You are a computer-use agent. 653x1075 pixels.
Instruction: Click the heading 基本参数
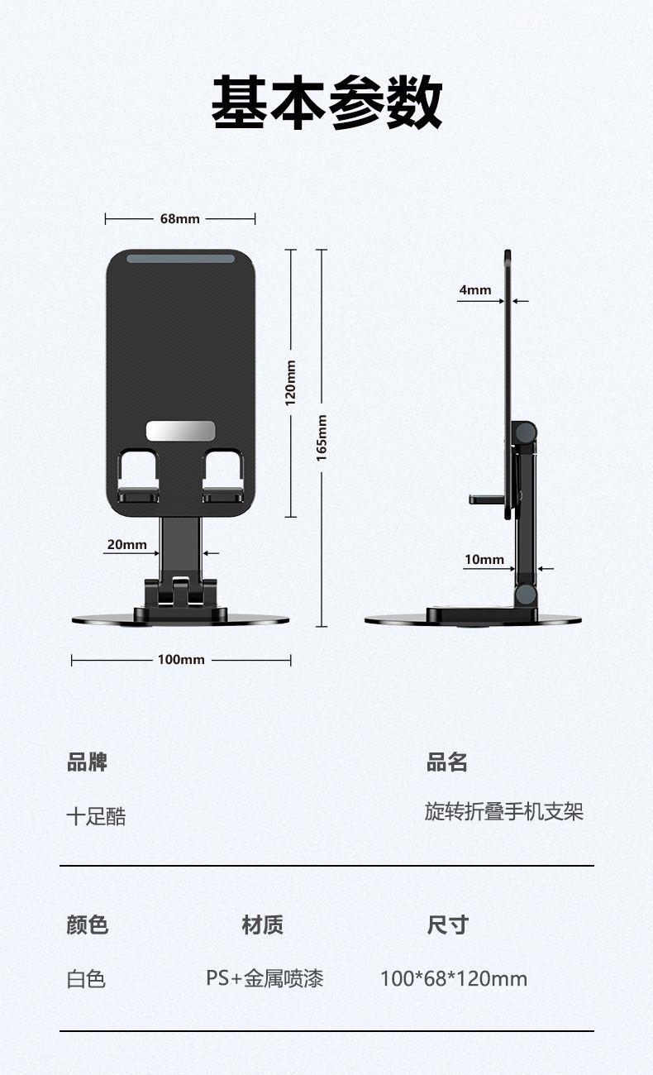[326, 103]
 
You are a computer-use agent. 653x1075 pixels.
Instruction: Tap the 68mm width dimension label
[180, 219]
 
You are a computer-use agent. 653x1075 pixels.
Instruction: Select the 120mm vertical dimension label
[290, 383]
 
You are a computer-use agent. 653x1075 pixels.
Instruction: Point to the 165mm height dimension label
[322, 437]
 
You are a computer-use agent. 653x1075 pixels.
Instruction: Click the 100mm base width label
[181, 659]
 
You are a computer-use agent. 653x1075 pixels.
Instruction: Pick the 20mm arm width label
[127, 544]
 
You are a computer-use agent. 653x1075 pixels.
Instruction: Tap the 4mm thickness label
[475, 290]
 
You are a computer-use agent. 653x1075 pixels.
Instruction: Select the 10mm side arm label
[484, 559]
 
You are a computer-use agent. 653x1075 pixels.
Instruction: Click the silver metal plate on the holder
[180, 431]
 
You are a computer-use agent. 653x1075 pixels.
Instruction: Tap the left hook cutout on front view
[138, 475]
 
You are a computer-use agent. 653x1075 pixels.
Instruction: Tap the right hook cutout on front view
[222, 475]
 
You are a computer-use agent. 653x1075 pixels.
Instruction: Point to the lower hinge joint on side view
[526, 595]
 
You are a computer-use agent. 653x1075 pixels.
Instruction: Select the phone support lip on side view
[487, 499]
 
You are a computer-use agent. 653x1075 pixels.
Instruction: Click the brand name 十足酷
[96, 816]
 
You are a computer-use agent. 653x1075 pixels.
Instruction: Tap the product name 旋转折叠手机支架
[503, 811]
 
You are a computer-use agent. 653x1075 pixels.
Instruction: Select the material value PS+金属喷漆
[265, 978]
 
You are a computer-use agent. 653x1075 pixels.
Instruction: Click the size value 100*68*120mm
[454, 978]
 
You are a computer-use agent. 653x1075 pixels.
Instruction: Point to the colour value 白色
[86, 979]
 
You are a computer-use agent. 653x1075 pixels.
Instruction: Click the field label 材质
[263, 924]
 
